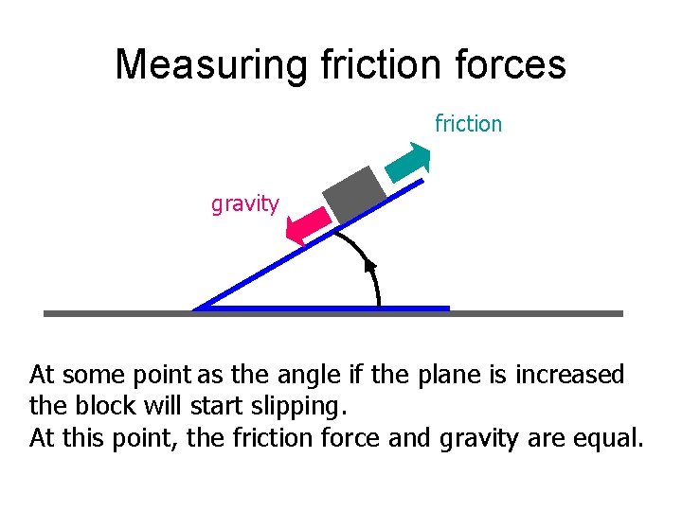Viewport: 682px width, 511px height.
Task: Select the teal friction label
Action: pos(468,123)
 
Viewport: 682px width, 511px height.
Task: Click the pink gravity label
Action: pos(245,203)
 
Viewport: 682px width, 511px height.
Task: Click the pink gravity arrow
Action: pos(308,226)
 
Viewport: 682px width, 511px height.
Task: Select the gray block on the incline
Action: pos(354,195)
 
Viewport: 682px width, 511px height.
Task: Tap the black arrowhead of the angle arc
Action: pos(371,266)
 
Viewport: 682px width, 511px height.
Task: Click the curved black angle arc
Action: pos(365,256)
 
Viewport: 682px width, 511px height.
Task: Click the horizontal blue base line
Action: pos(379,308)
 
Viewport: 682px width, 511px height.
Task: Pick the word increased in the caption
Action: pos(569,376)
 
